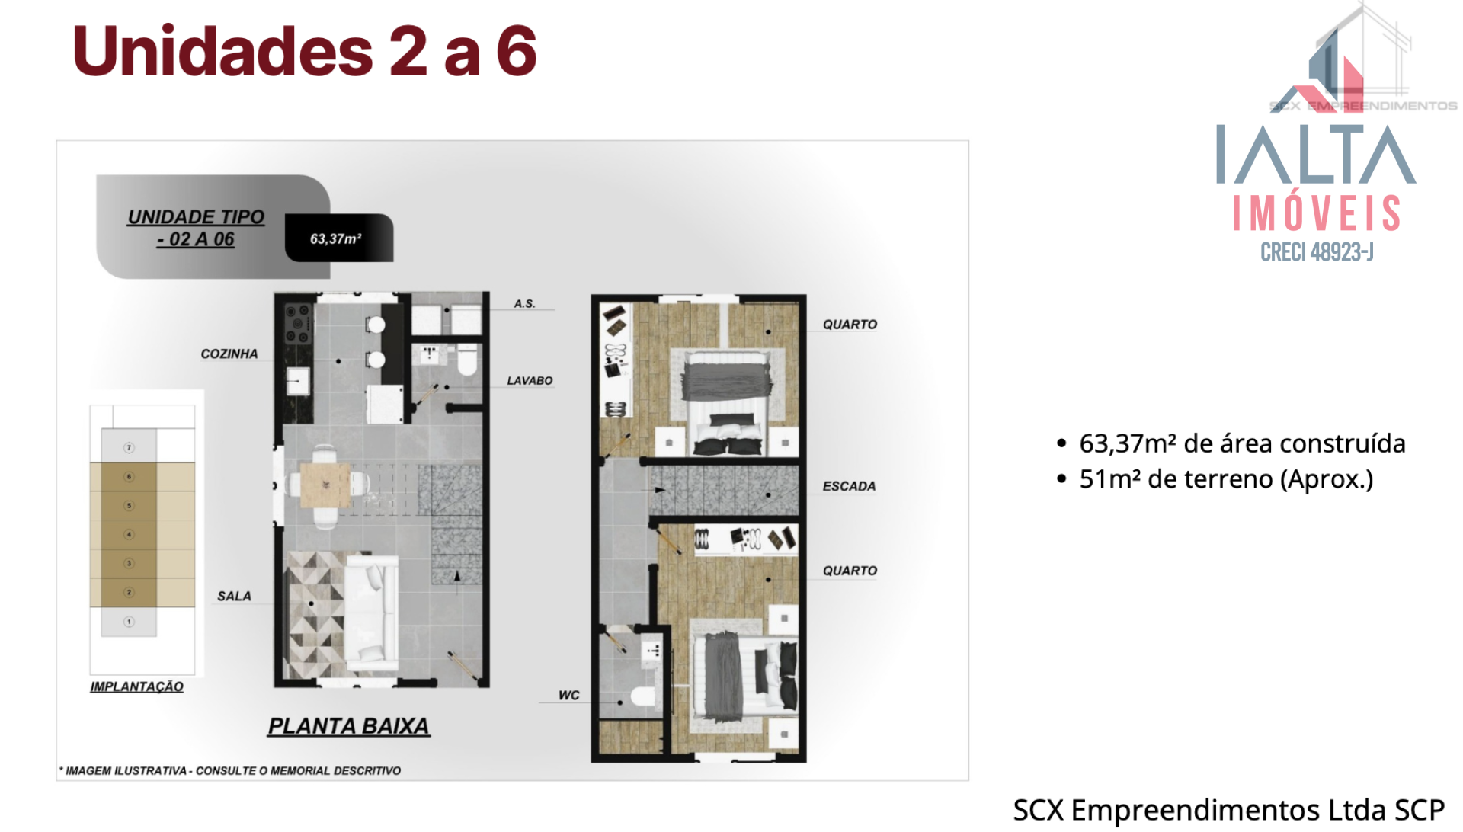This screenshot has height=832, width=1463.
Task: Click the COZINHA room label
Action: [x=229, y=354]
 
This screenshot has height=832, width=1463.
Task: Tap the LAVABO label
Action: [x=530, y=380]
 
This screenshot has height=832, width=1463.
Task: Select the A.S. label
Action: [x=524, y=303]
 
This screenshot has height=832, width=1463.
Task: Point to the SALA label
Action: [x=234, y=596]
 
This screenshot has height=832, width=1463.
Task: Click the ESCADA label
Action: [x=849, y=486]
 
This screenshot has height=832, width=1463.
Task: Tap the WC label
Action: [x=568, y=695]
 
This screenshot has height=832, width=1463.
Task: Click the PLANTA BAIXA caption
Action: [x=348, y=726]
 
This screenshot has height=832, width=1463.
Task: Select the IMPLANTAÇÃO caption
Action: [x=136, y=686]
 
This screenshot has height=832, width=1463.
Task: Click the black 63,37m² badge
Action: [x=339, y=238]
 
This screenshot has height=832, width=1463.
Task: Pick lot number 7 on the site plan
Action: [x=129, y=447]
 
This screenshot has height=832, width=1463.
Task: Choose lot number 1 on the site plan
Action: [x=129, y=622]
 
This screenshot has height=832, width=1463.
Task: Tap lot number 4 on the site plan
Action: [x=129, y=534]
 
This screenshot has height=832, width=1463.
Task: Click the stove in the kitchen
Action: [x=297, y=324]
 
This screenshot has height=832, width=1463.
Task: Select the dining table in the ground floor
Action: [x=325, y=485]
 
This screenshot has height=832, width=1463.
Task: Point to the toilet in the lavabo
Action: [x=466, y=360]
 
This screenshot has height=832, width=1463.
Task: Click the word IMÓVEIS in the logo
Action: [x=1317, y=213]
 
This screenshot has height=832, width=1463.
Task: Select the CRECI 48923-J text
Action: [x=1317, y=251]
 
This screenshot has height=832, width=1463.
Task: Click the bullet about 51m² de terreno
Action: [x=1215, y=479]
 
